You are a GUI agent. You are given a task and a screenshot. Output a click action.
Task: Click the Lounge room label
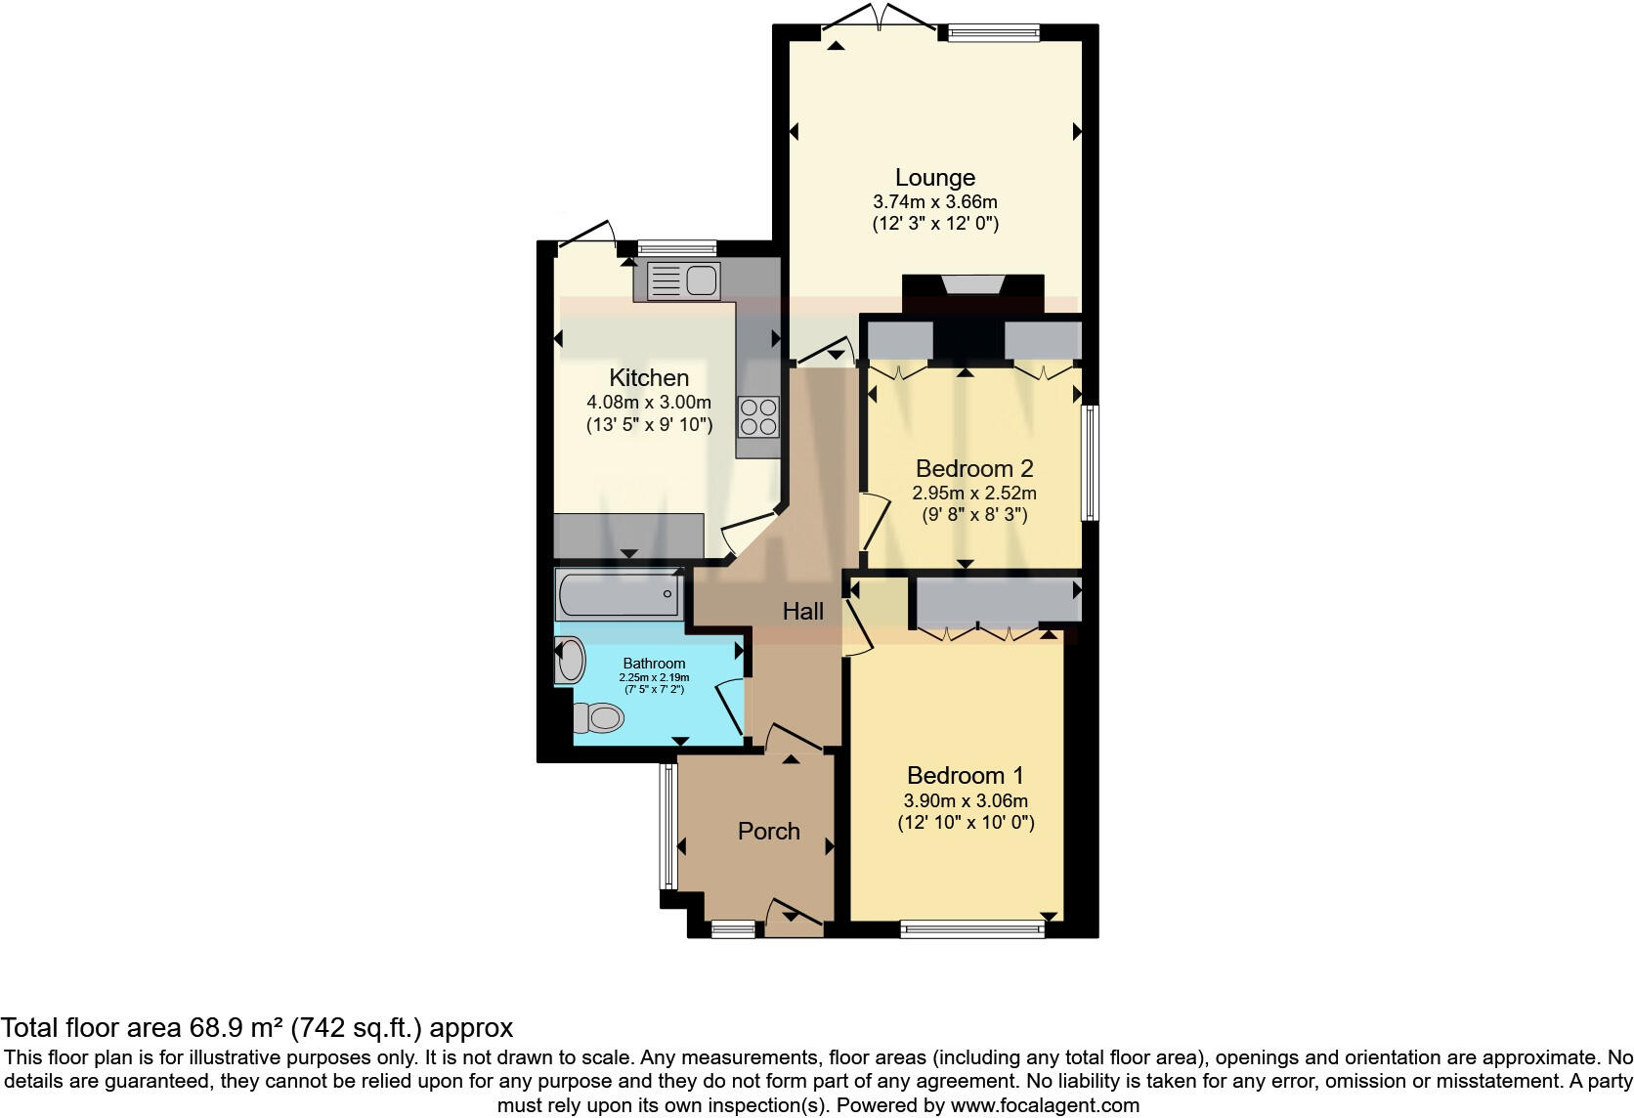[935, 178]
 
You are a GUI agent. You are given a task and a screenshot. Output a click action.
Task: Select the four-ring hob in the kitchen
[758, 416]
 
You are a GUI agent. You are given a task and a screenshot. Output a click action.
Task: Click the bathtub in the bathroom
[618, 594]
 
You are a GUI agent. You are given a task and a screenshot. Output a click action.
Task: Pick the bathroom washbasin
[569, 661]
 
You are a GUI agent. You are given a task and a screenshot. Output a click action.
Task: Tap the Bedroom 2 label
[973, 468]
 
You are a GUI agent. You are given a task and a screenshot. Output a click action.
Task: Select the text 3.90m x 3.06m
[966, 800]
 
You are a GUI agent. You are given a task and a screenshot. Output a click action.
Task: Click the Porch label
[768, 832]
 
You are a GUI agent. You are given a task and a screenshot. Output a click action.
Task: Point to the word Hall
[802, 612]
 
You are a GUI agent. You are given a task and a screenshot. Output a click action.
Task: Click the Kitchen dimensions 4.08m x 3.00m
[649, 402]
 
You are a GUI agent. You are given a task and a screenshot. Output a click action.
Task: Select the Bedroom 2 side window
[1089, 463]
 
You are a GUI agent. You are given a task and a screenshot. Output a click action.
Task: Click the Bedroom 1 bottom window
[972, 929]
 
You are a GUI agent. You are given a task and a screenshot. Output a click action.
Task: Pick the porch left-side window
[667, 826]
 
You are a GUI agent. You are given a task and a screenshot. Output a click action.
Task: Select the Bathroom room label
[654, 664]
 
